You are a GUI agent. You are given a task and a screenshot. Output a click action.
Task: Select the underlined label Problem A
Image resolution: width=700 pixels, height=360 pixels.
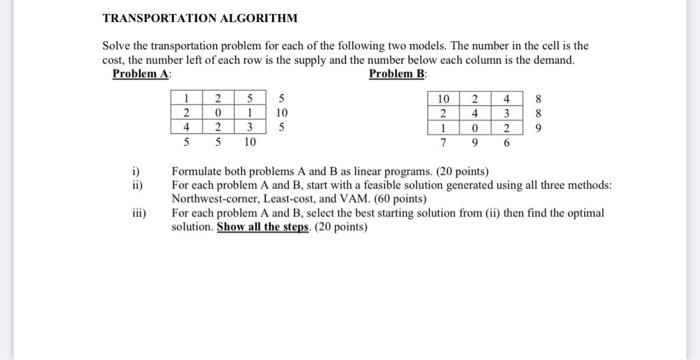[141, 74]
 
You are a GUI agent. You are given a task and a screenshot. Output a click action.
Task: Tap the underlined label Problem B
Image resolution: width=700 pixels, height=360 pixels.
[398, 74]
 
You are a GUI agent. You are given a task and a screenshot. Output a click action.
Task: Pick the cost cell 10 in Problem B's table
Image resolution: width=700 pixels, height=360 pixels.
[443, 99]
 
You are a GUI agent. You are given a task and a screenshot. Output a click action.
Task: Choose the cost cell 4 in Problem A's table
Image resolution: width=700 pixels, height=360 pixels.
[186, 128]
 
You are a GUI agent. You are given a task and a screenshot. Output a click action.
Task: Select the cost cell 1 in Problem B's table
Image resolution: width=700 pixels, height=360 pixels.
[443, 128]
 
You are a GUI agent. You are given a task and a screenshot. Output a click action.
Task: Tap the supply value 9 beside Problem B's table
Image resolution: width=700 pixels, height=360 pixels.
[539, 128]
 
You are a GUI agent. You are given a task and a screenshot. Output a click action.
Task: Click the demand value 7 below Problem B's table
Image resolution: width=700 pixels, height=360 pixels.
[443, 143]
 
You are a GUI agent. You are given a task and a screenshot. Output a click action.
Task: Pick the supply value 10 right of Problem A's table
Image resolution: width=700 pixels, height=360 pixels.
[283, 113]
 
